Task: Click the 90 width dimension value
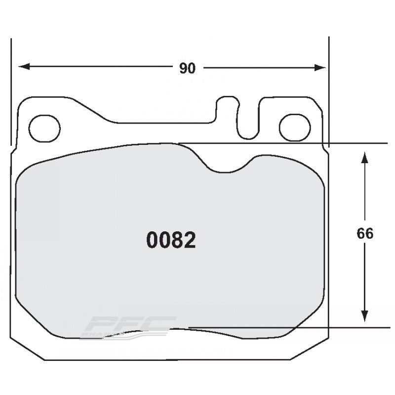tap(187, 69)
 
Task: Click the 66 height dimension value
tap(365, 234)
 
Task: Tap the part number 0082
tap(171, 240)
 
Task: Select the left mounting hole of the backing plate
tap(44, 128)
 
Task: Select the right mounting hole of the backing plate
tap(294, 128)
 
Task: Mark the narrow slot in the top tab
tap(248, 119)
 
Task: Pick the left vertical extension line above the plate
tap(11, 89)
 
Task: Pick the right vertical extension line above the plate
tap(329, 89)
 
